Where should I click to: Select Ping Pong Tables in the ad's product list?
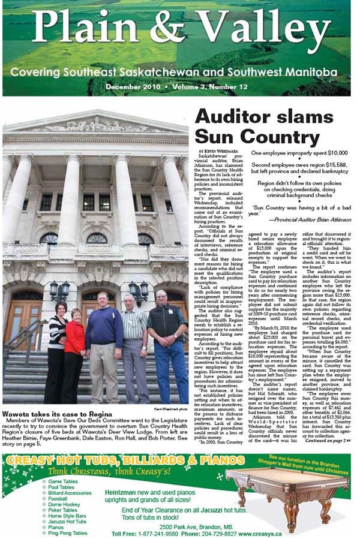tap(67, 533)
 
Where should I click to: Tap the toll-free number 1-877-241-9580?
tap(158, 533)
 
